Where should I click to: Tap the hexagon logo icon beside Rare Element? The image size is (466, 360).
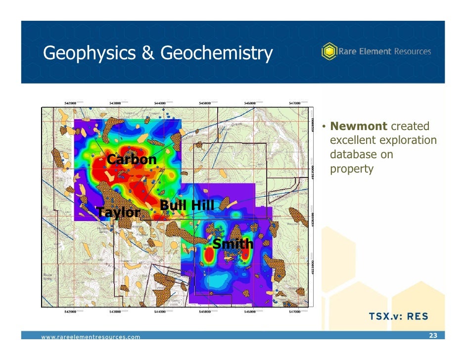328,51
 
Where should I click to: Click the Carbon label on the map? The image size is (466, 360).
132,160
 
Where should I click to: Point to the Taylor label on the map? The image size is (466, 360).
119,213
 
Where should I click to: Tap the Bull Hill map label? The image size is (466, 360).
186,205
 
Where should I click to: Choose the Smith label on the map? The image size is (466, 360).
233,244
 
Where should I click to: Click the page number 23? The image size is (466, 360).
433,336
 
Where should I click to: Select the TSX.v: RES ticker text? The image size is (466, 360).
398,316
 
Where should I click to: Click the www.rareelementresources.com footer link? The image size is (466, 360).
91,337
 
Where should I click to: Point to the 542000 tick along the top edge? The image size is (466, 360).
71,103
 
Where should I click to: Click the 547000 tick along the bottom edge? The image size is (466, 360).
295,312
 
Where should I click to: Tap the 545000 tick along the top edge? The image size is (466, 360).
205,103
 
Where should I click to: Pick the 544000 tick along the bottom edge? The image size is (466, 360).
160,312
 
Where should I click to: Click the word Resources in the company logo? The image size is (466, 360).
412,51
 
